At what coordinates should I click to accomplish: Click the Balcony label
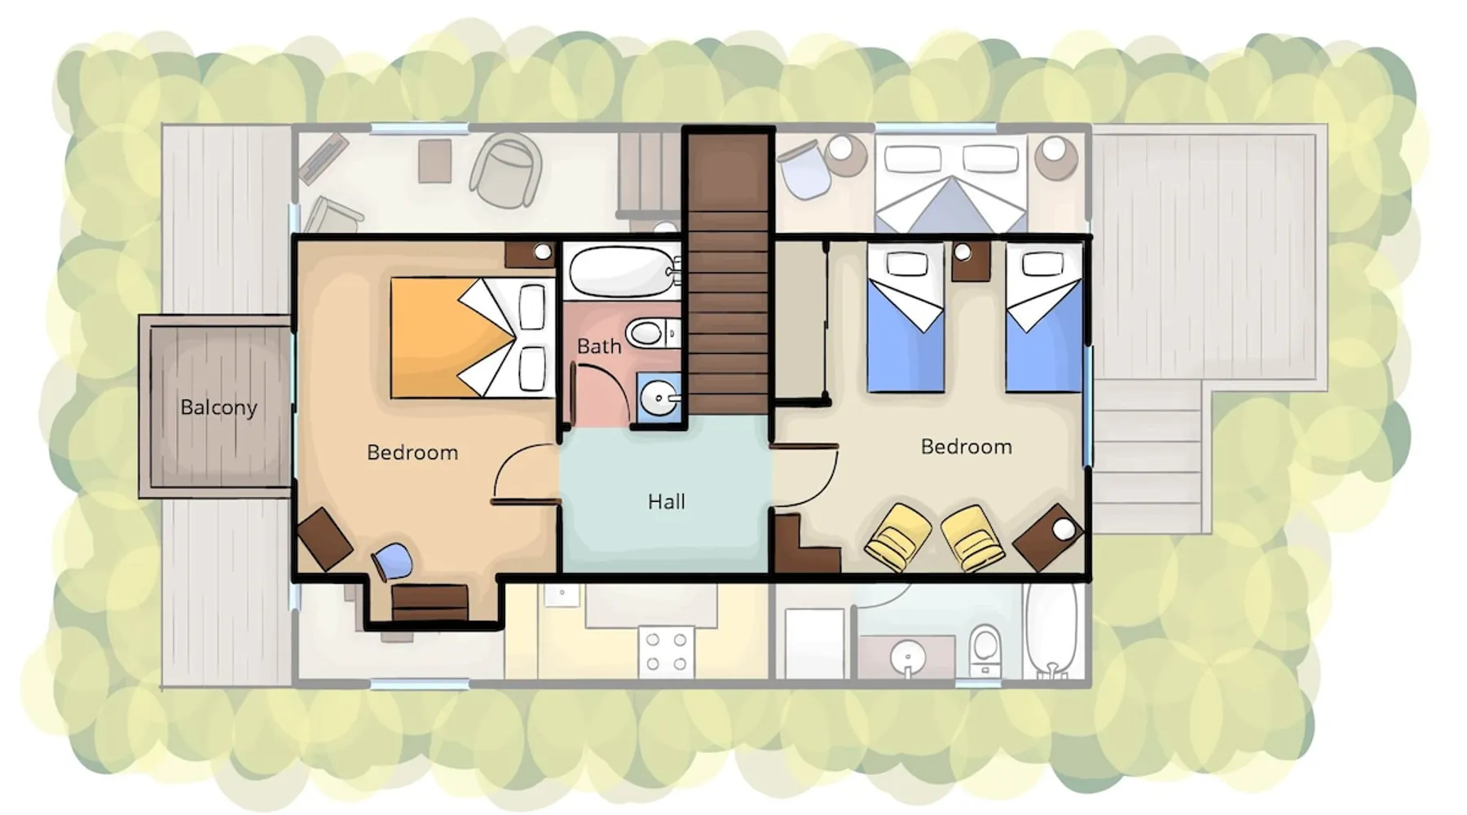(x=218, y=407)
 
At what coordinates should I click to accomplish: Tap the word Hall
(x=666, y=501)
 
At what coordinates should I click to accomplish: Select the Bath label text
(x=599, y=346)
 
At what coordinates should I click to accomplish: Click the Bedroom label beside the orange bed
(x=412, y=452)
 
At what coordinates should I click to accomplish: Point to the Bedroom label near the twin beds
(x=967, y=447)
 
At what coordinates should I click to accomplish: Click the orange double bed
(x=473, y=338)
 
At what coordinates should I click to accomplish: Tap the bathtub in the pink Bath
(x=623, y=271)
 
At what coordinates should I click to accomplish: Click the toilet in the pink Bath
(x=653, y=333)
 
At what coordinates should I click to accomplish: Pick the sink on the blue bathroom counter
(x=658, y=399)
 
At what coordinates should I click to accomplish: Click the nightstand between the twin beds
(x=971, y=260)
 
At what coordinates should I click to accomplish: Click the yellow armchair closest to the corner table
(x=972, y=537)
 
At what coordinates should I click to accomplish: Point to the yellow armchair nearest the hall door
(x=898, y=537)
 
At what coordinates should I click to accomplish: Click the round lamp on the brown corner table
(x=1064, y=529)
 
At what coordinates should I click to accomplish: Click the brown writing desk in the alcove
(x=430, y=602)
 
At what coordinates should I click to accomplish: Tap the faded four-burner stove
(x=667, y=652)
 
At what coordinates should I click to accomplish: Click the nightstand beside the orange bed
(x=530, y=254)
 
